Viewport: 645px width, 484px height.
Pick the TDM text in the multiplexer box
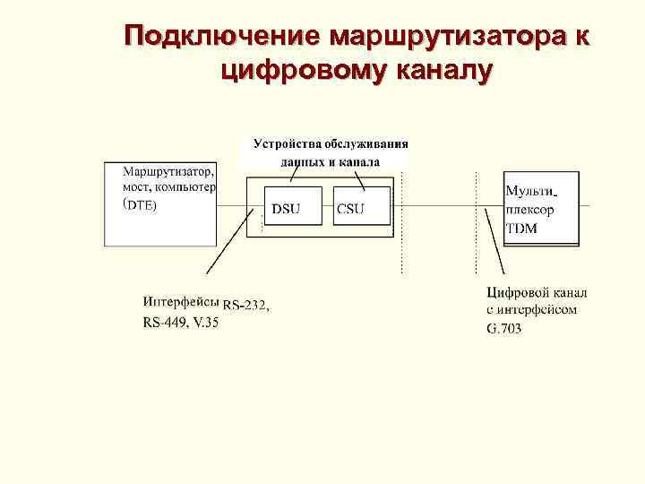pos(521,229)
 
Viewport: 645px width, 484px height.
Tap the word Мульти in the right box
pos(529,191)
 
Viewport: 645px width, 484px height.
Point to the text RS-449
pos(164,323)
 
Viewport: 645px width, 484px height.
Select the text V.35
pos(205,323)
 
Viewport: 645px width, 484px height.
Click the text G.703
pos(503,329)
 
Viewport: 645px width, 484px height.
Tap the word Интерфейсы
pos(180,302)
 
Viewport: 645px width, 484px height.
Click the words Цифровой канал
pos(537,292)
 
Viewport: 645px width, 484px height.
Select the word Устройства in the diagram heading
pos(286,143)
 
